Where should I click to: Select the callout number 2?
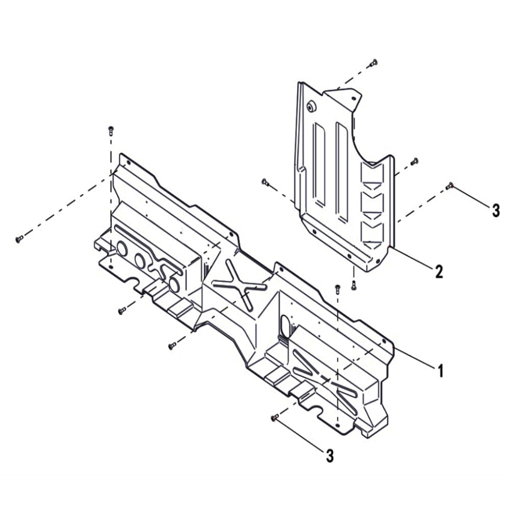[x=439, y=272]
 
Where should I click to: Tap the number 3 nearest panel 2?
[x=495, y=210]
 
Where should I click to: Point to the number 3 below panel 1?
[x=329, y=456]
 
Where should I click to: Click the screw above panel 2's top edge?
[x=375, y=63]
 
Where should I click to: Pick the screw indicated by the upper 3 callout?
[x=450, y=186]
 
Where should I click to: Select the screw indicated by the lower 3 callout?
[x=275, y=417]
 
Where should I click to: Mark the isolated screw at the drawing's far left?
[x=19, y=239]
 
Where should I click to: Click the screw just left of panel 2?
[x=265, y=181]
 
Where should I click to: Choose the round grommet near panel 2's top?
[x=311, y=106]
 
